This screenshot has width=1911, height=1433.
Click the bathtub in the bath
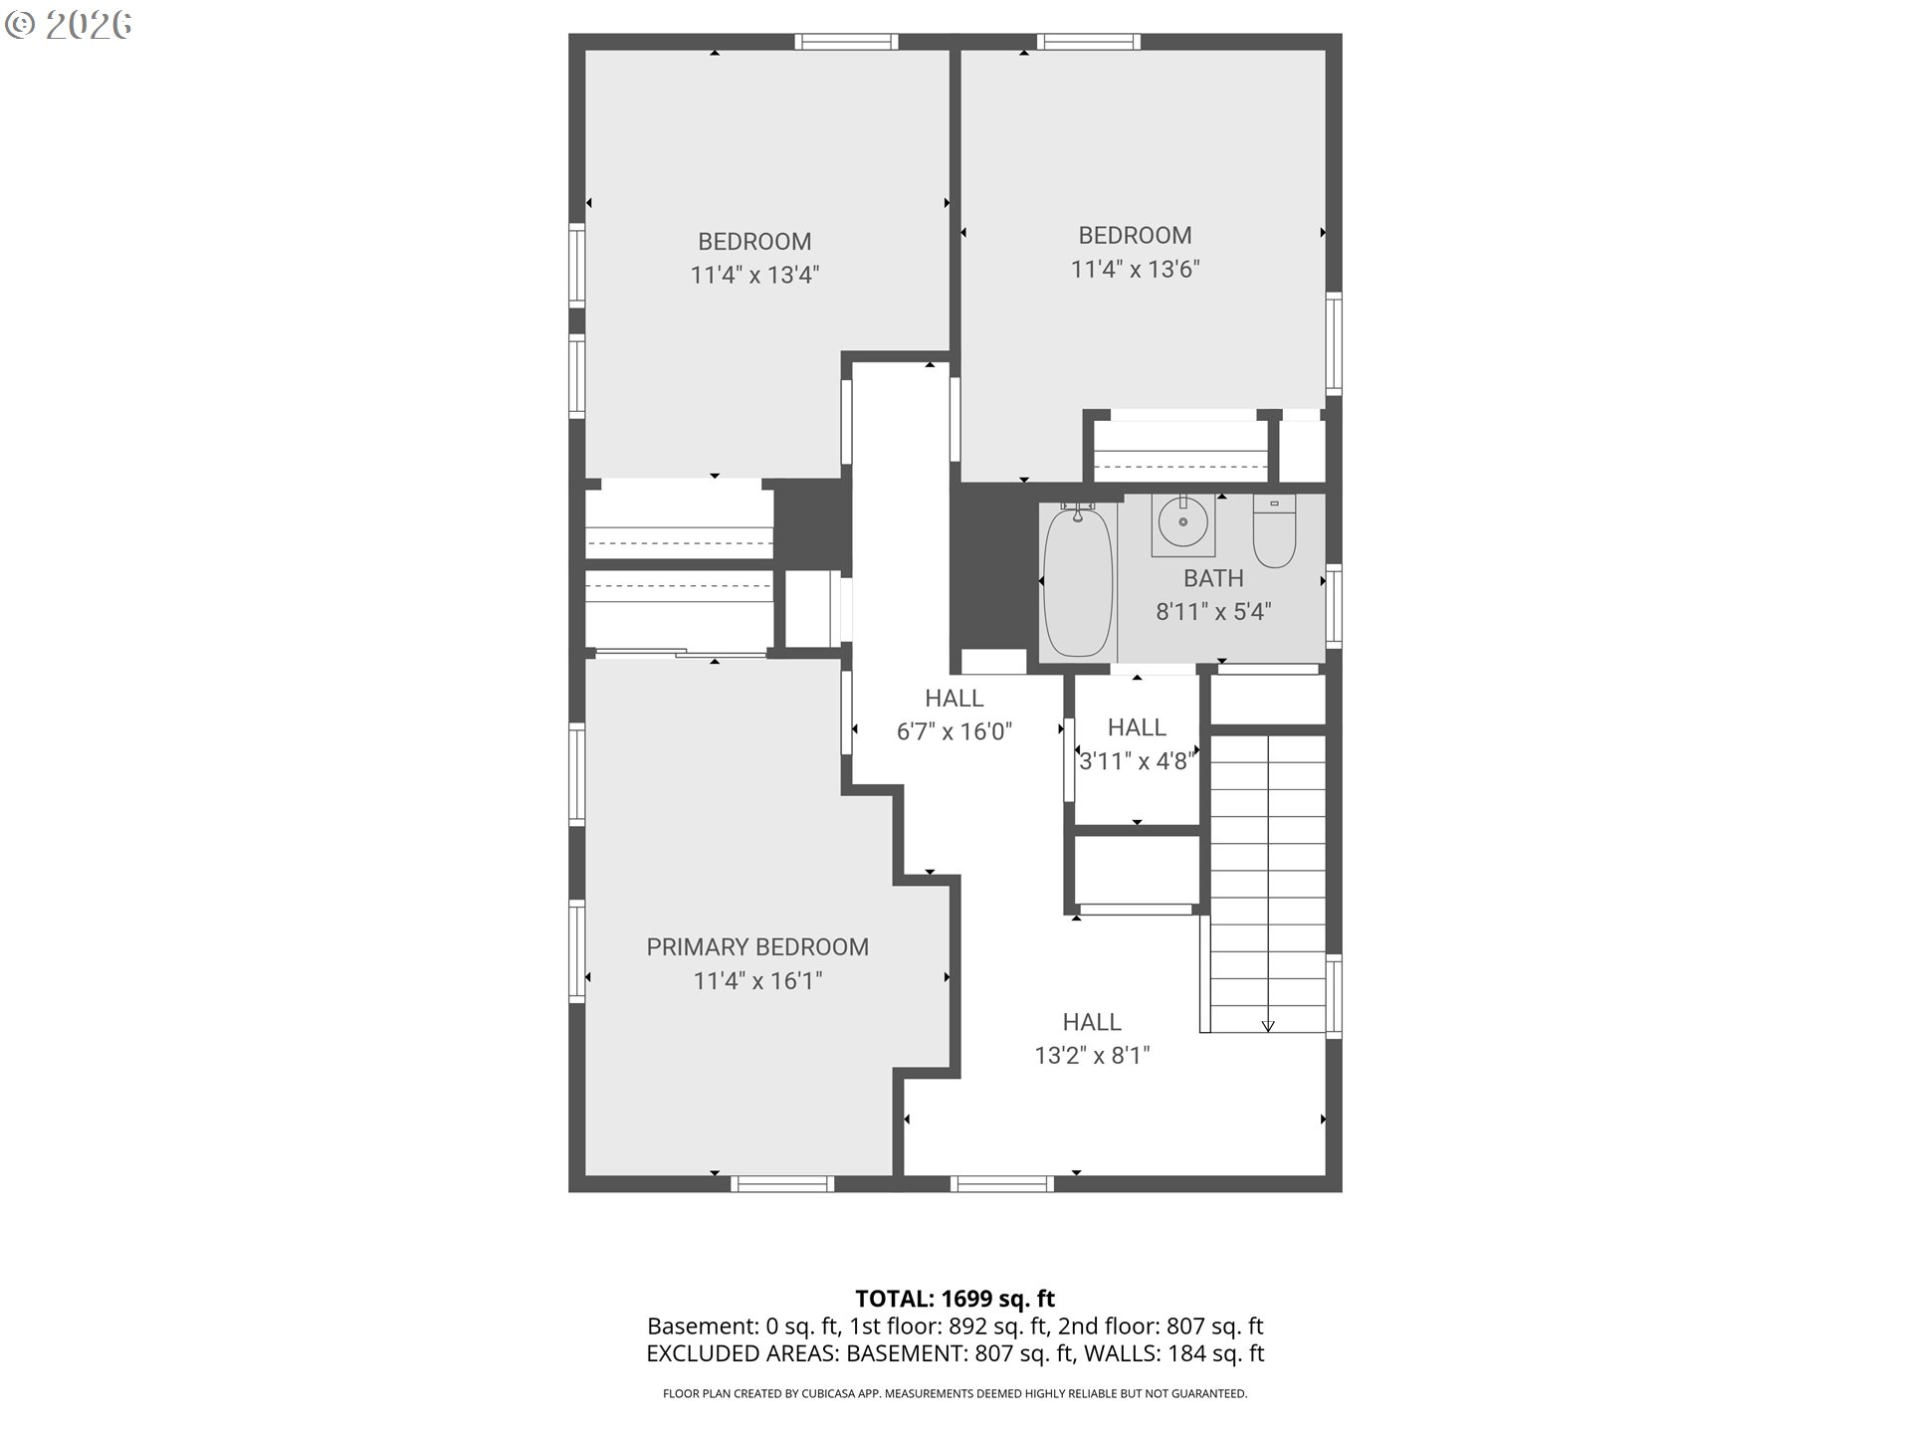pos(1077,582)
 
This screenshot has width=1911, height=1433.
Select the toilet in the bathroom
pos(1273,531)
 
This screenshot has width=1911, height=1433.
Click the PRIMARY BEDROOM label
pos(757,947)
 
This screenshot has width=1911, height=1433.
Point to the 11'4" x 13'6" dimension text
pos(1135,269)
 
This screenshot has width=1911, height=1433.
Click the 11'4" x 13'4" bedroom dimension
pos(754,275)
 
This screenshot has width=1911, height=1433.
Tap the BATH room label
pos(1213,578)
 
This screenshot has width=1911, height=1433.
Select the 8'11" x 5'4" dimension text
pos(1213,612)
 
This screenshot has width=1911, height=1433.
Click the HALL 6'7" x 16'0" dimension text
pos(954,732)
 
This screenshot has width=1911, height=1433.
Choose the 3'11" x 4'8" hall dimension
pos(1137,761)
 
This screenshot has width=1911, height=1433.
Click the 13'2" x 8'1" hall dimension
pos(1092,1056)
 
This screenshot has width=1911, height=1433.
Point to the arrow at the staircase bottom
pos(1268,1026)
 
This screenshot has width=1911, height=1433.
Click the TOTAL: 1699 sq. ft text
pos(955,1299)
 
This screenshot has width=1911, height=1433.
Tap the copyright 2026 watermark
pos(68,25)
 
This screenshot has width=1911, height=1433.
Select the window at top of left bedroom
pos(846,42)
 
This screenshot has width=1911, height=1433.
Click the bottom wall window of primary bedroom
pos(782,1183)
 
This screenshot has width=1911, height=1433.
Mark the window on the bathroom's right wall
pos(1334,605)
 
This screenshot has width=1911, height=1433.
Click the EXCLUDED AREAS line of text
pos(955,1353)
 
